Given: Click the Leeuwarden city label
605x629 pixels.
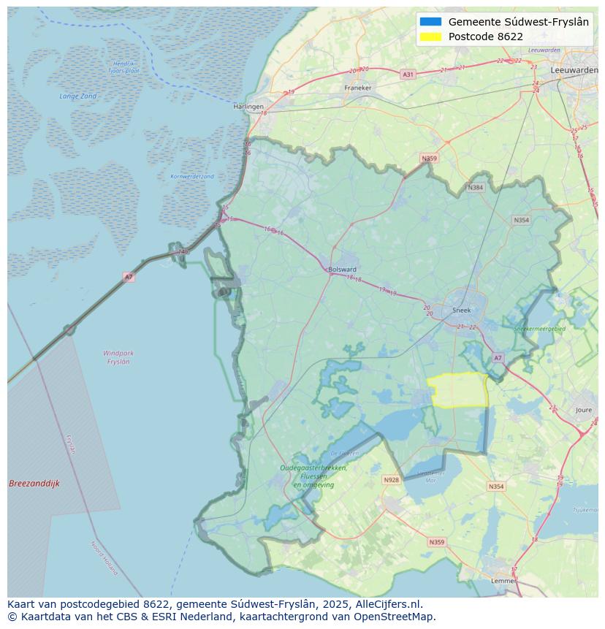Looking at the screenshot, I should coord(574,69).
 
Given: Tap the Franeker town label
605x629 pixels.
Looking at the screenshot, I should coord(357,88).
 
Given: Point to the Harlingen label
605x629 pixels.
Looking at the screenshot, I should coord(248,107).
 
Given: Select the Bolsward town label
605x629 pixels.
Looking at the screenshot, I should coord(342,269).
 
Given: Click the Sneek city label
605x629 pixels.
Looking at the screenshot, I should coord(462,310).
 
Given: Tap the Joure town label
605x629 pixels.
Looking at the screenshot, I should coord(583,411).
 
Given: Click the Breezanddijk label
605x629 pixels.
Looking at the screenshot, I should coord(34,484).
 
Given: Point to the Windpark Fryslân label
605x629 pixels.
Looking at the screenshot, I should coord(118,357).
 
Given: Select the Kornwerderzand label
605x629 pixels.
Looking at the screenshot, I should coord(192,177).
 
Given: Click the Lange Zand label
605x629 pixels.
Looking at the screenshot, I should coord(77,96).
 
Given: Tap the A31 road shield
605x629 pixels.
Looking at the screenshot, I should coord(408,75).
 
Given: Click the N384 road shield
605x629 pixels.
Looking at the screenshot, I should coord(476,188).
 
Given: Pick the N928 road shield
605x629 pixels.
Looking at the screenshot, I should coord(391,480).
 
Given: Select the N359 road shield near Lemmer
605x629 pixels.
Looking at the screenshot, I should coord(436,542).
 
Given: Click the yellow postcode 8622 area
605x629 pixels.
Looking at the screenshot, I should coord(459,390).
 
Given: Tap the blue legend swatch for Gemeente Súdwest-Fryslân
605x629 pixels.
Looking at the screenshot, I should coord(430,22).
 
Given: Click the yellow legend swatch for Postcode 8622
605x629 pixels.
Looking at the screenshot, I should coord(430,37).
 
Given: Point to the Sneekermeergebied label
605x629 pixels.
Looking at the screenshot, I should coord(539,329).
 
